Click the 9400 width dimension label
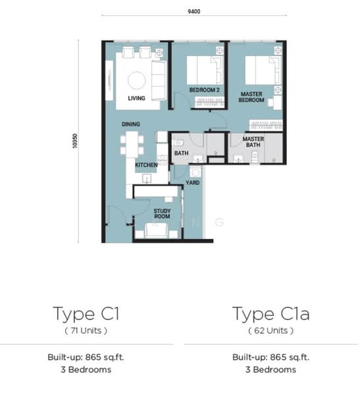click(194, 11)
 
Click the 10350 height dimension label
click(75, 141)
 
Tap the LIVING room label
click(136, 98)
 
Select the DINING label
click(131, 124)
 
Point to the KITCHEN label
click(146, 165)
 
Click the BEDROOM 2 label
click(204, 90)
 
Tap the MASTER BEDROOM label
click(251, 97)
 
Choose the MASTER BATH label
click(253, 142)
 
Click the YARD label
click(193, 182)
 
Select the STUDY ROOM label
click(162, 213)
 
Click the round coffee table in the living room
click(136, 80)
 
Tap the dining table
click(132, 145)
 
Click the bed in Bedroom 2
click(205, 70)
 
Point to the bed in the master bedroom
click(263, 70)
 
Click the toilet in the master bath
click(255, 157)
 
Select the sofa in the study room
click(156, 230)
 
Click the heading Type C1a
click(270, 314)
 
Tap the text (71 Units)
click(86, 330)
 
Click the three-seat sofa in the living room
click(159, 80)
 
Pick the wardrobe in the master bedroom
click(266, 125)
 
